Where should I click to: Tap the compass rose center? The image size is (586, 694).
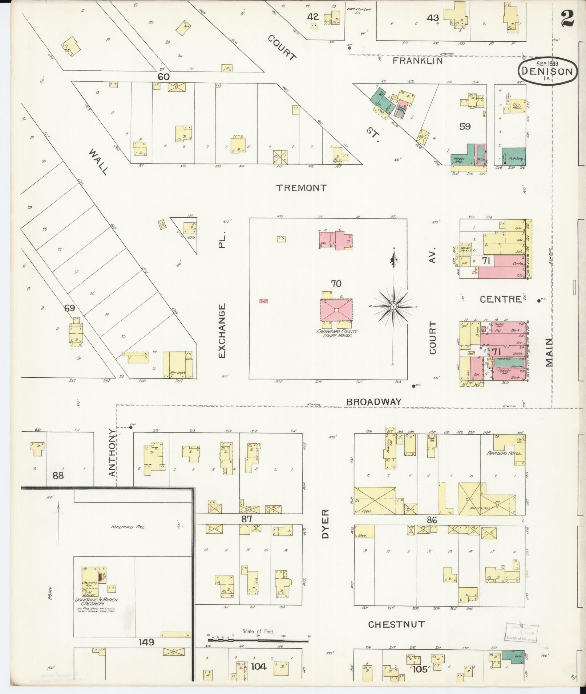[x=393, y=307]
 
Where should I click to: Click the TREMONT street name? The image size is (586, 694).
[x=302, y=188]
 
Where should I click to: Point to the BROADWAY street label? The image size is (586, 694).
[x=374, y=402]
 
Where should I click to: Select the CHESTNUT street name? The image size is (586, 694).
[x=396, y=624]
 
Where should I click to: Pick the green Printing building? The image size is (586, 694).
[x=514, y=156]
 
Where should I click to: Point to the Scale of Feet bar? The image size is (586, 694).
[x=259, y=641]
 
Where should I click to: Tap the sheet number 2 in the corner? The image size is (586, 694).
[x=566, y=18]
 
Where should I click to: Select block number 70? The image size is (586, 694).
[x=336, y=283]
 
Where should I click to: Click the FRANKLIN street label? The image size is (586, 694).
[x=418, y=61]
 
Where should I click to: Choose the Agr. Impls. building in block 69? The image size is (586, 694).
[x=178, y=365]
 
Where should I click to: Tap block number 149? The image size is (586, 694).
[x=146, y=642]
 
